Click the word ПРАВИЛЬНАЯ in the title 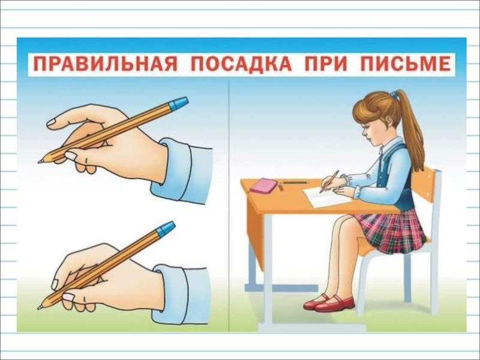pyautogui.click(x=105, y=64)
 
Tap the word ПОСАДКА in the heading pyautogui.click(x=241, y=64)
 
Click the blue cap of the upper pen pyautogui.click(x=178, y=103)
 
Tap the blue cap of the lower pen pyautogui.click(x=166, y=229)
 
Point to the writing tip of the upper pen pyautogui.click(x=40, y=161)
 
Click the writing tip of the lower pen pyautogui.click(x=39, y=307)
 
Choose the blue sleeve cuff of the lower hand pyautogui.click(x=181, y=295)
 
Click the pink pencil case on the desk pyautogui.click(x=263, y=185)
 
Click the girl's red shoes pyautogui.click(x=329, y=302)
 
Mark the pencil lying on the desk pyautogui.click(x=295, y=183)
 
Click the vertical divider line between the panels pyautogui.click(x=229, y=206)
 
